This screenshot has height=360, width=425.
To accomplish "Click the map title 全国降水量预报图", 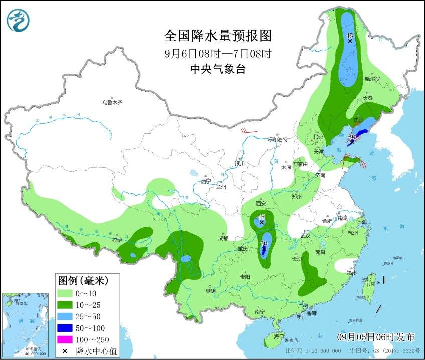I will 218,36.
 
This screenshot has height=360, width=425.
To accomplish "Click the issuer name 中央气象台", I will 218,70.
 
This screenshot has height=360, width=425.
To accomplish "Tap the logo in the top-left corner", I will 18,21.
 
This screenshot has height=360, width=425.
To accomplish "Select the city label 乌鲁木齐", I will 112,102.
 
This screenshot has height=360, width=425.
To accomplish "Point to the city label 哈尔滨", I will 372,79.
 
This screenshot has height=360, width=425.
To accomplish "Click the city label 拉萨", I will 117,240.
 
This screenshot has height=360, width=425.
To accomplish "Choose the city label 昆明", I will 210,291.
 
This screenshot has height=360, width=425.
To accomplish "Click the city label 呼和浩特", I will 277,139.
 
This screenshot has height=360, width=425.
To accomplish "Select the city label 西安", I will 260,204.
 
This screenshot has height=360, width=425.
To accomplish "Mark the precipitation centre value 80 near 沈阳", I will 352,136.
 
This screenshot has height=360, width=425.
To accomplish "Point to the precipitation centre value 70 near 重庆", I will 264,244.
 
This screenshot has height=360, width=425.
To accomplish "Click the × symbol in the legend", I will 65,351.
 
